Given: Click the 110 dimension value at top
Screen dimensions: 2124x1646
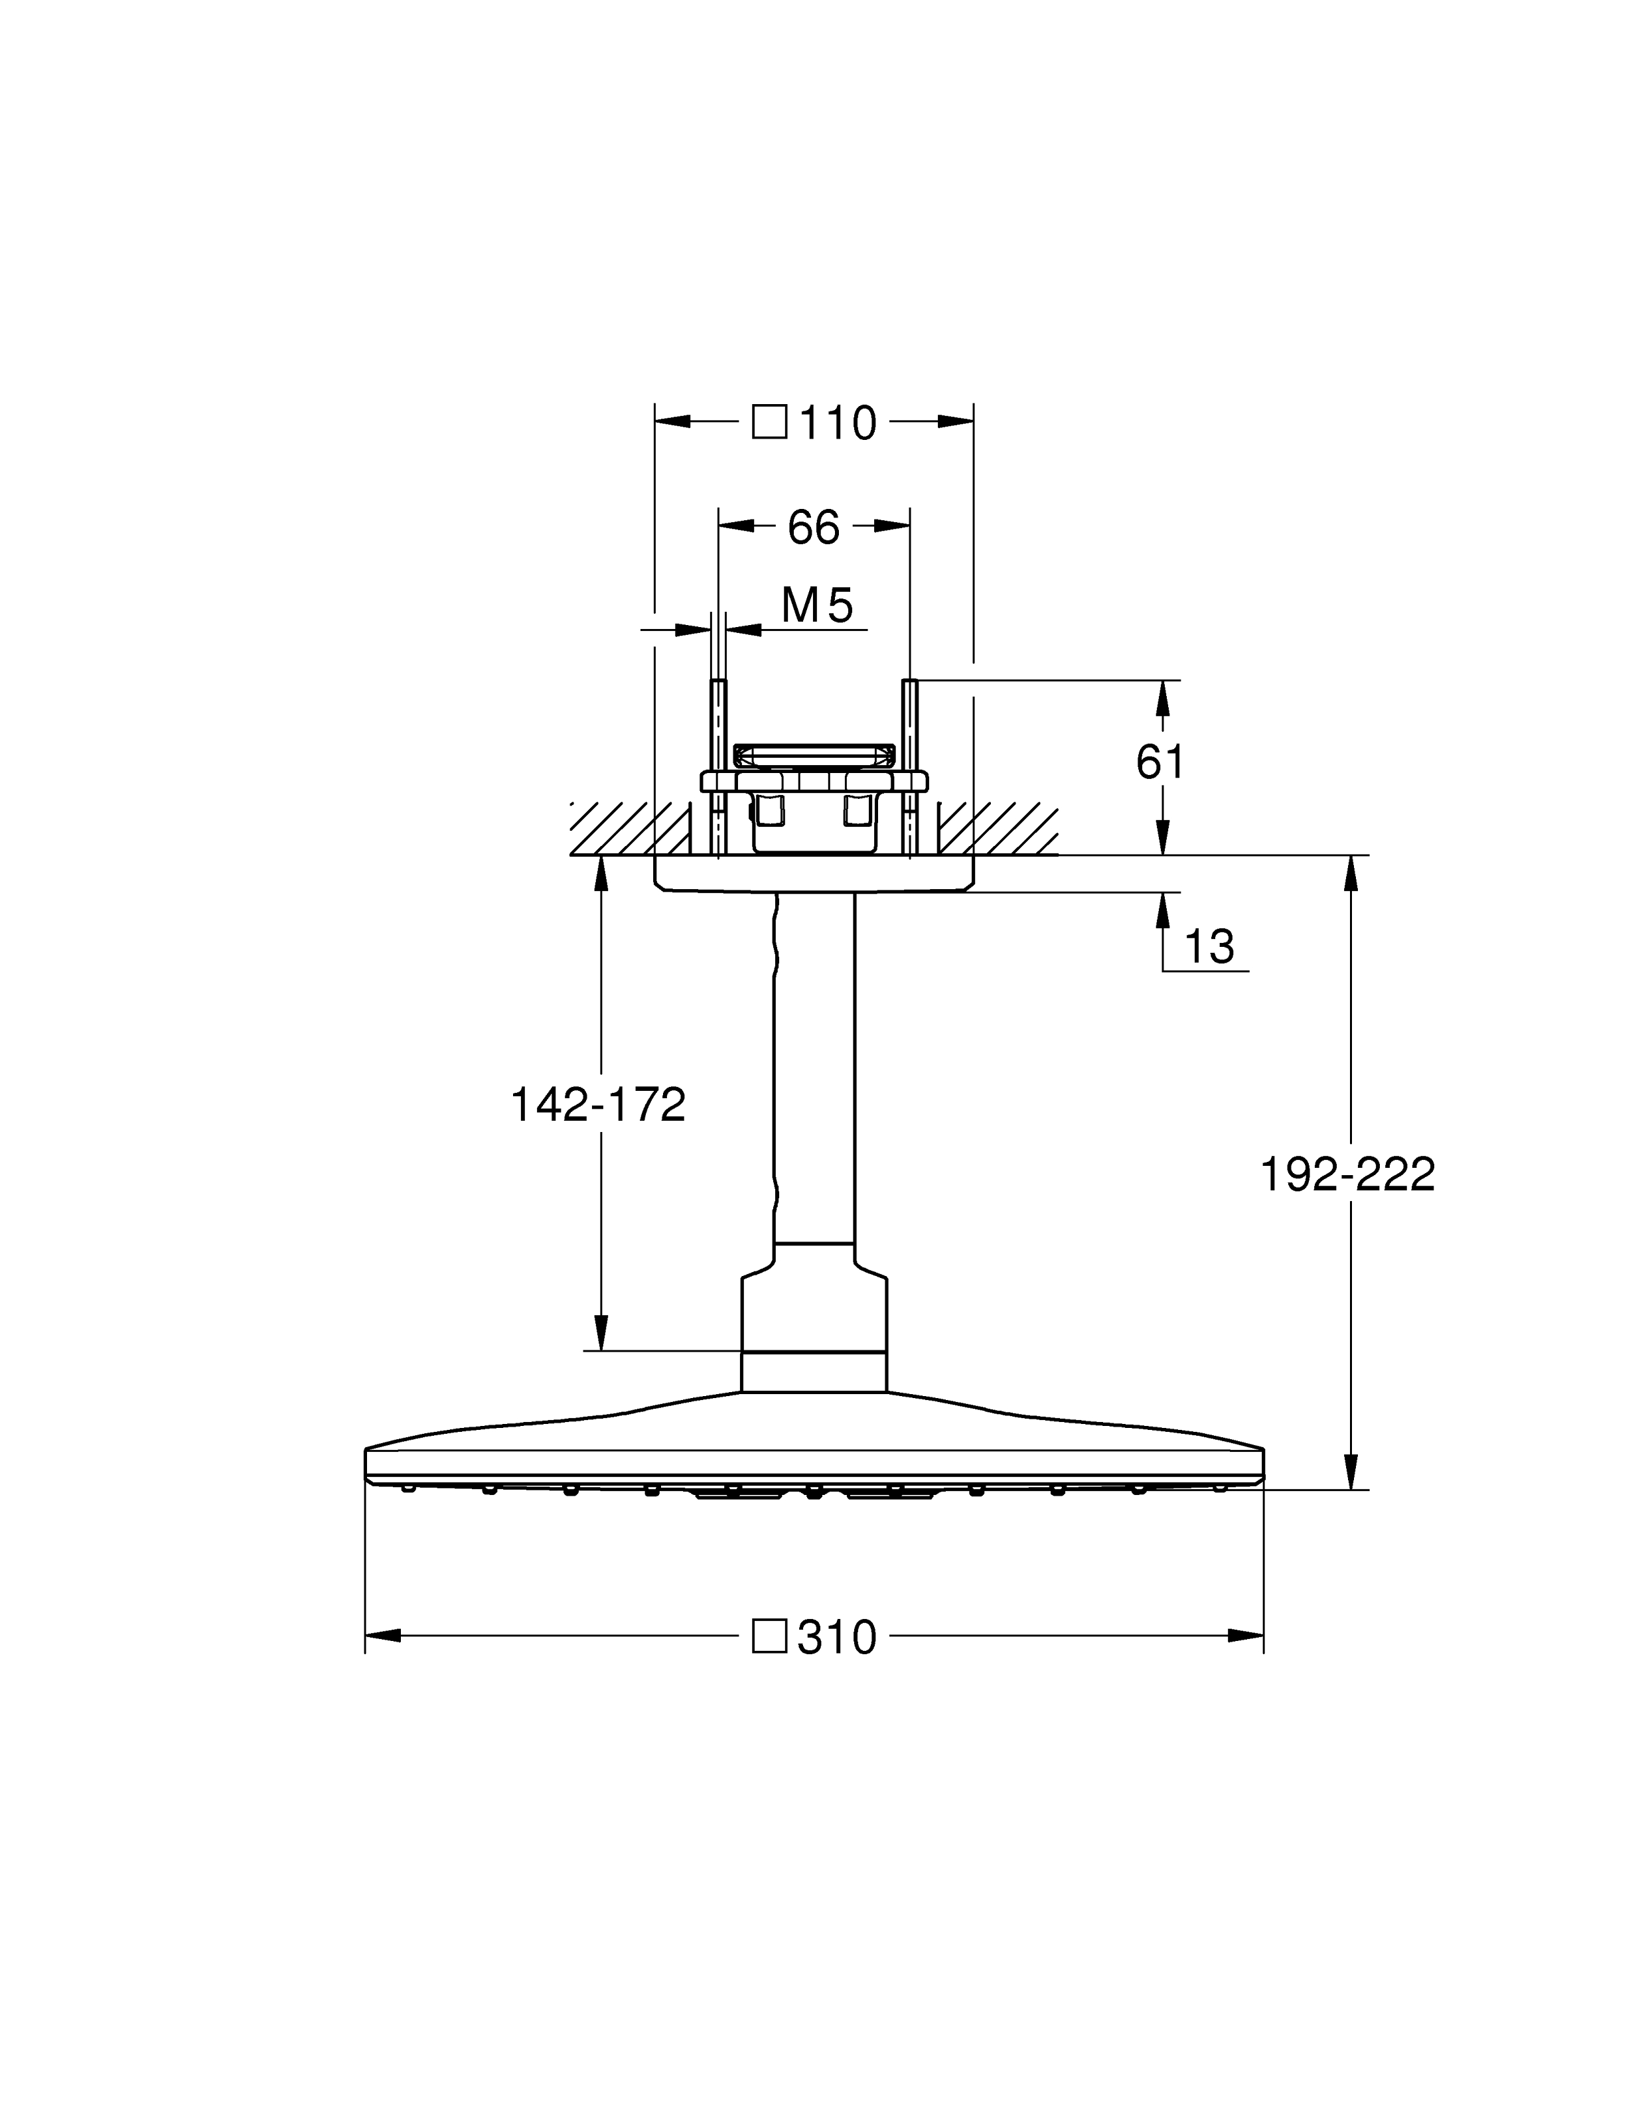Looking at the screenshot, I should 838,423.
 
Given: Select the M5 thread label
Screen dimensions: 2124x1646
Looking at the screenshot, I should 817,605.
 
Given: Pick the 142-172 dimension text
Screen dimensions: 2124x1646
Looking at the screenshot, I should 598,1105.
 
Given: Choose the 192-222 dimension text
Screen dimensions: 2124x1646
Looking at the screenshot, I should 1347,1175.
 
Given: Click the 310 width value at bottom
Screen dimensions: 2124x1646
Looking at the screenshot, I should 837,1638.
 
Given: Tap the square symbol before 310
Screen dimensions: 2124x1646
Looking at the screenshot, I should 769,1637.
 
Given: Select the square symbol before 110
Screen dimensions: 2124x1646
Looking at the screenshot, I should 769,423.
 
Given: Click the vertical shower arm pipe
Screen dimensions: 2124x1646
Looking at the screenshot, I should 815,1070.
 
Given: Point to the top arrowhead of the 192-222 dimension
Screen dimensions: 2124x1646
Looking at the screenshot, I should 1350,873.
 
